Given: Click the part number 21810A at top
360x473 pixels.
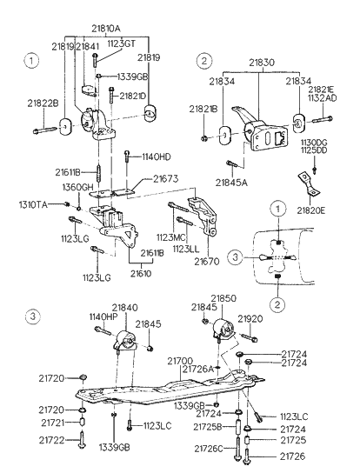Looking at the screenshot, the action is click(106, 29).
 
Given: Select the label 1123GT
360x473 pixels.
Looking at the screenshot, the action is click(122, 43).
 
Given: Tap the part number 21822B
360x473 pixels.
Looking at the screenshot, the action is click(43, 103).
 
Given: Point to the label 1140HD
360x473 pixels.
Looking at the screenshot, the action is click(156, 157).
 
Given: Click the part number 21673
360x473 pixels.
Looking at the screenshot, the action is click(166, 178).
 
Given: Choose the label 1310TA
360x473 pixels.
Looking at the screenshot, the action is click(33, 205).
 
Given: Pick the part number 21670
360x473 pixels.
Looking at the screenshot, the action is click(207, 261).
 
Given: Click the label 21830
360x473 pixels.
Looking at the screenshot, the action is click(262, 63).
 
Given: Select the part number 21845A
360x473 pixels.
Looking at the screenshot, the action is click(231, 183).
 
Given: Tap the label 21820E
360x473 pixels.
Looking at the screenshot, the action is click(311, 210).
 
